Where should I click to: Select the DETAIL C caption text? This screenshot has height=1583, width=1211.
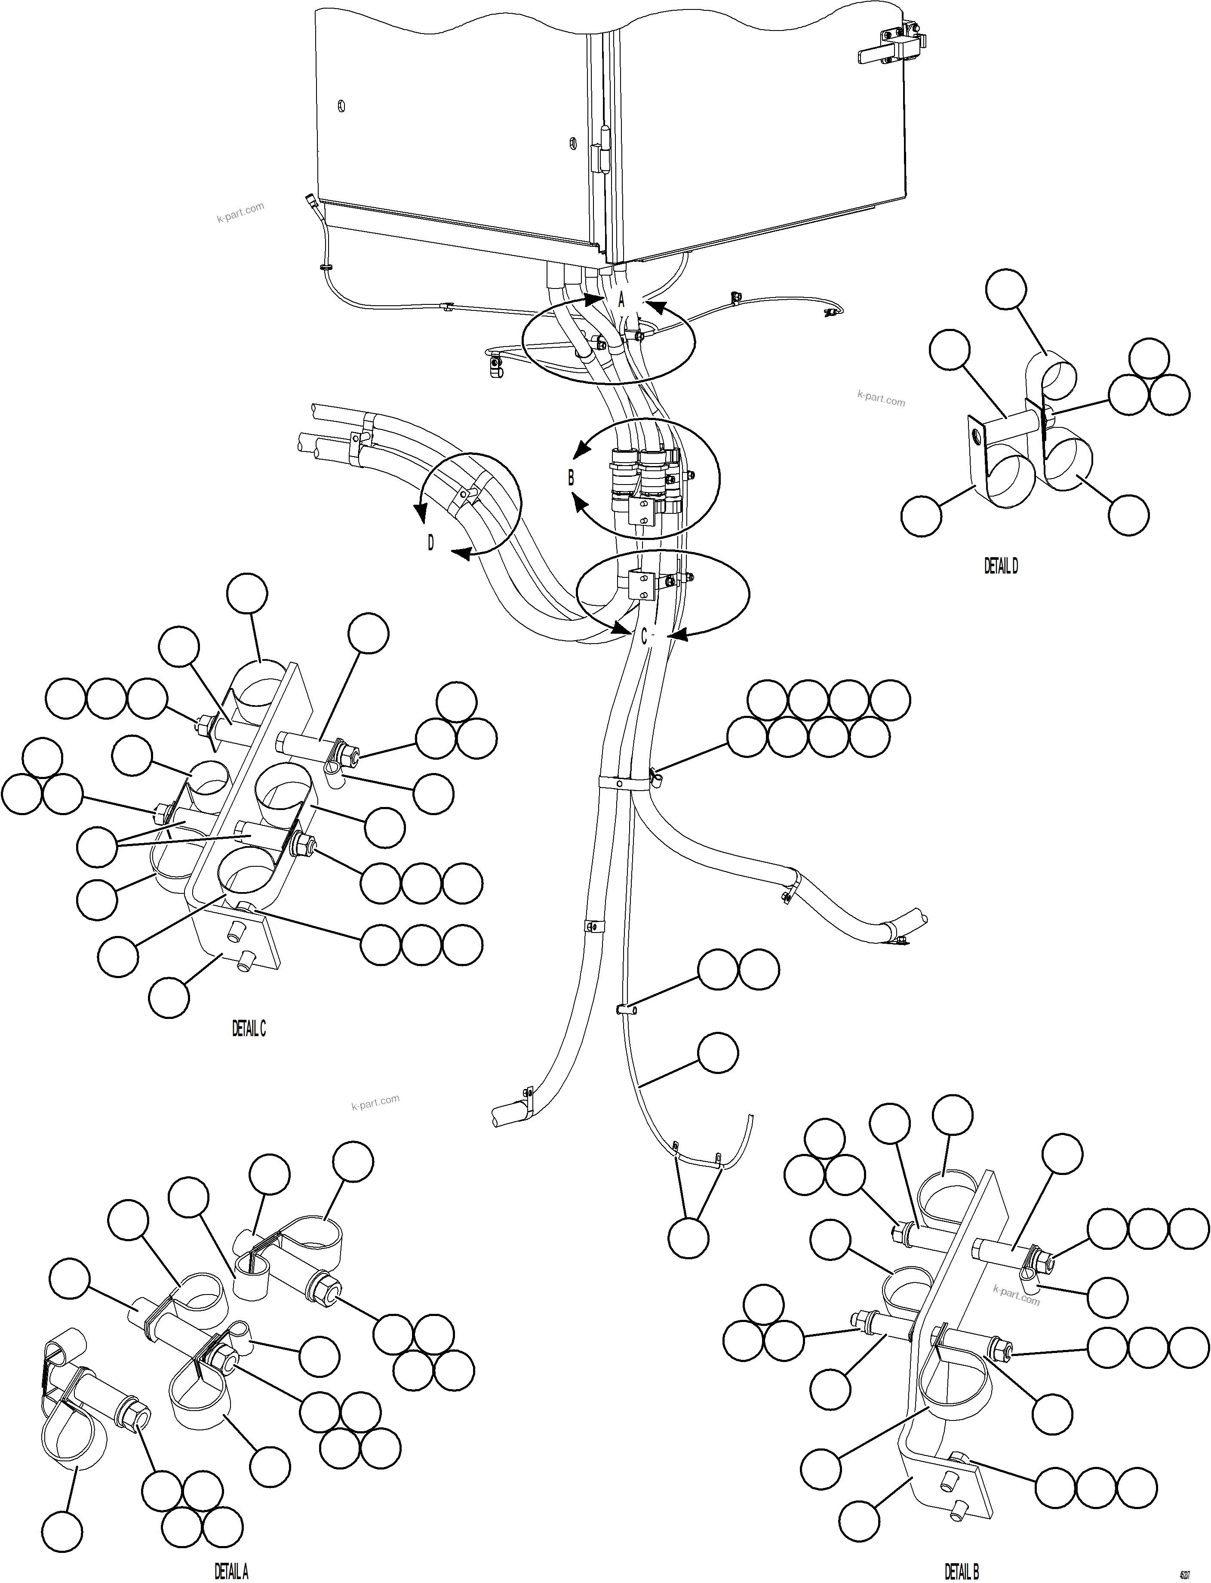[249, 1029]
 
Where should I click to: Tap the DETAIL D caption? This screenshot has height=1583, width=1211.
[1001, 566]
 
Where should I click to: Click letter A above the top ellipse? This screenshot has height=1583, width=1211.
[621, 298]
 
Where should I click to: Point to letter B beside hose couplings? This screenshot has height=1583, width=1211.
[571, 477]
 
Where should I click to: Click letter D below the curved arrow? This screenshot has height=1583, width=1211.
[431, 543]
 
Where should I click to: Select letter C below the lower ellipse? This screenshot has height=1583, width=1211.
[644, 636]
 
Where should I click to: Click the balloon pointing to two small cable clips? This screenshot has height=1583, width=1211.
[688, 1238]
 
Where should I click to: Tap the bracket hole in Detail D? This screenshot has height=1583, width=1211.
[975, 435]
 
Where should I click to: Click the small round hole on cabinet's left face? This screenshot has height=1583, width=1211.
[341, 106]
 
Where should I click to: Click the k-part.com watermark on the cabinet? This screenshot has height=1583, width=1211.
[241, 212]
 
